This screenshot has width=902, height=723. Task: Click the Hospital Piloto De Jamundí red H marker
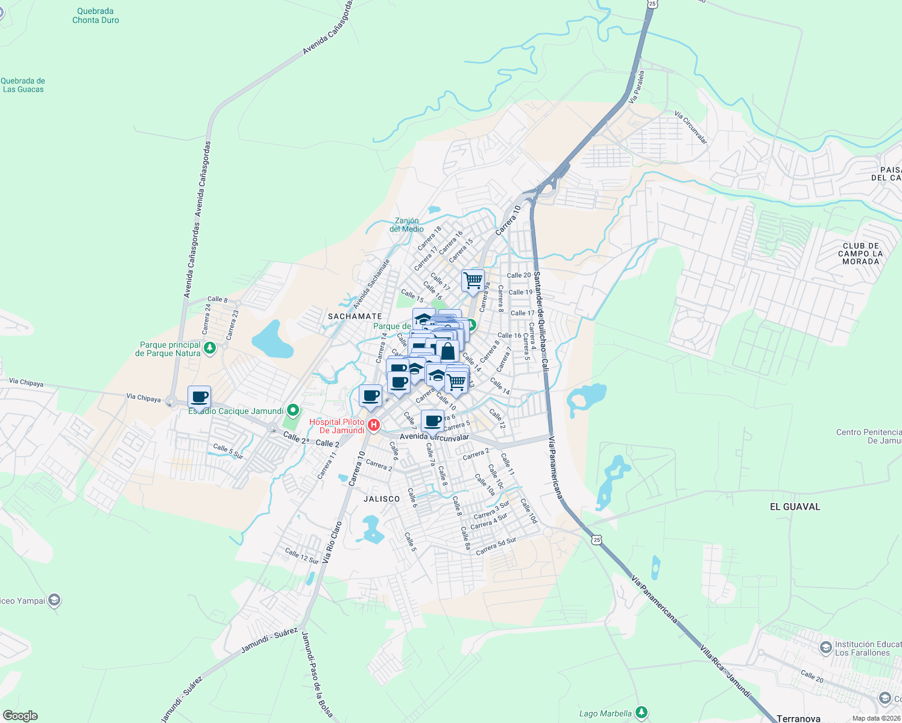point(374,426)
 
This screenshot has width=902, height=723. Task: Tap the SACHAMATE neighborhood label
point(355,316)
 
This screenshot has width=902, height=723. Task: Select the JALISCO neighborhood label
point(382,499)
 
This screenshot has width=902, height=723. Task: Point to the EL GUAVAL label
point(795,507)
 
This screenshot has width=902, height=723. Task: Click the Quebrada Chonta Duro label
point(95,16)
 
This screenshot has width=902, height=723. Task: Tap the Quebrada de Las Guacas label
point(23,85)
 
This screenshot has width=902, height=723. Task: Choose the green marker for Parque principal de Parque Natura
point(210,348)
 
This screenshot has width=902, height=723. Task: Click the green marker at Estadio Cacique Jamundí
point(293,411)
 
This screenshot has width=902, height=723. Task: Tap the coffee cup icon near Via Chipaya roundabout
point(200,398)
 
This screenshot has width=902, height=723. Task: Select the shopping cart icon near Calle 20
point(473,280)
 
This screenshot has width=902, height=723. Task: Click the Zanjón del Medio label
point(406,225)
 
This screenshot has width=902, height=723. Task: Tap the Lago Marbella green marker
point(641,713)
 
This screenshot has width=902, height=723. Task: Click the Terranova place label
point(798,718)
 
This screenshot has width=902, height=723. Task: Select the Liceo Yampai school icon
point(54,600)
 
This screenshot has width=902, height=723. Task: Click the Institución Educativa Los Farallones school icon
point(825,648)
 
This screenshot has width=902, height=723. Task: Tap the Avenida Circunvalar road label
point(434,437)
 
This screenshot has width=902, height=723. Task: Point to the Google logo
point(20,716)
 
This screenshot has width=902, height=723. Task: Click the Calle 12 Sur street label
point(301,556)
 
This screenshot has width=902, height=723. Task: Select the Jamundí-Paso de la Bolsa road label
point(317,675)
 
